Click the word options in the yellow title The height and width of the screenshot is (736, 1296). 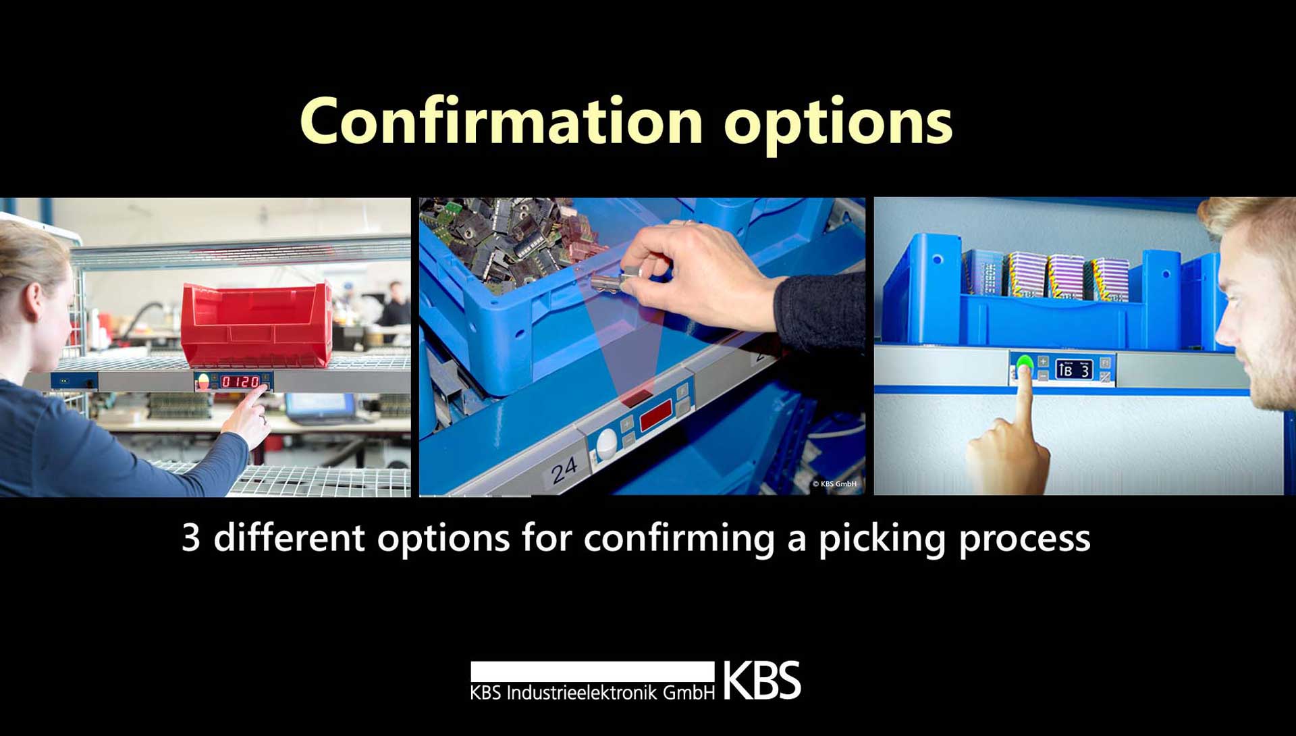click(838, 126)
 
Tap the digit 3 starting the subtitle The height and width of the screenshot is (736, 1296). click(191, 538)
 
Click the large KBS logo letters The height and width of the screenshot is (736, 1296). click(762, 681)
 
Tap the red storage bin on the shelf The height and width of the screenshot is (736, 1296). click(256, 325)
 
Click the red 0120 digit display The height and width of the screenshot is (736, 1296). click(241, 382)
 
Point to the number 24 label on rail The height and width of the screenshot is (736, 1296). click(564, 470)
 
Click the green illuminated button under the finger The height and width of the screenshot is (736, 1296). click(1025, 366)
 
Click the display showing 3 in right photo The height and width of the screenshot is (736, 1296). click(1074, 369)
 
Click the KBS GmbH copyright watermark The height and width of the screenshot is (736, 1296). click(834, 483)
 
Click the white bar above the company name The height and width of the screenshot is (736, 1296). click(592, 671)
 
